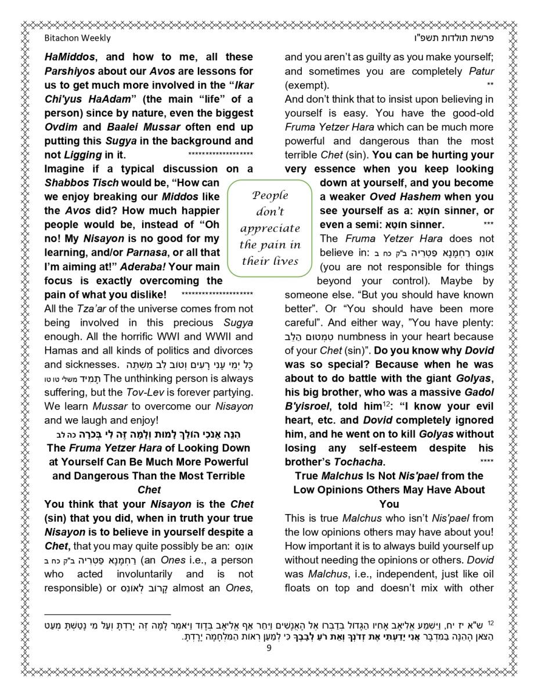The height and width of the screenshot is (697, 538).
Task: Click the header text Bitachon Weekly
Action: click(77, 38)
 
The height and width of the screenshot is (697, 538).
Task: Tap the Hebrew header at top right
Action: click(459, 38)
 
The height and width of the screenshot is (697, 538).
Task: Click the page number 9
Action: click(269, 648)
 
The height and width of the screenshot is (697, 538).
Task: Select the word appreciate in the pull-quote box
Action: click(270, 228)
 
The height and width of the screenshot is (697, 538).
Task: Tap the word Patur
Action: click(482, 71)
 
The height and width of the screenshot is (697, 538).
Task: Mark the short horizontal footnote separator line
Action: click(107, 613)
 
